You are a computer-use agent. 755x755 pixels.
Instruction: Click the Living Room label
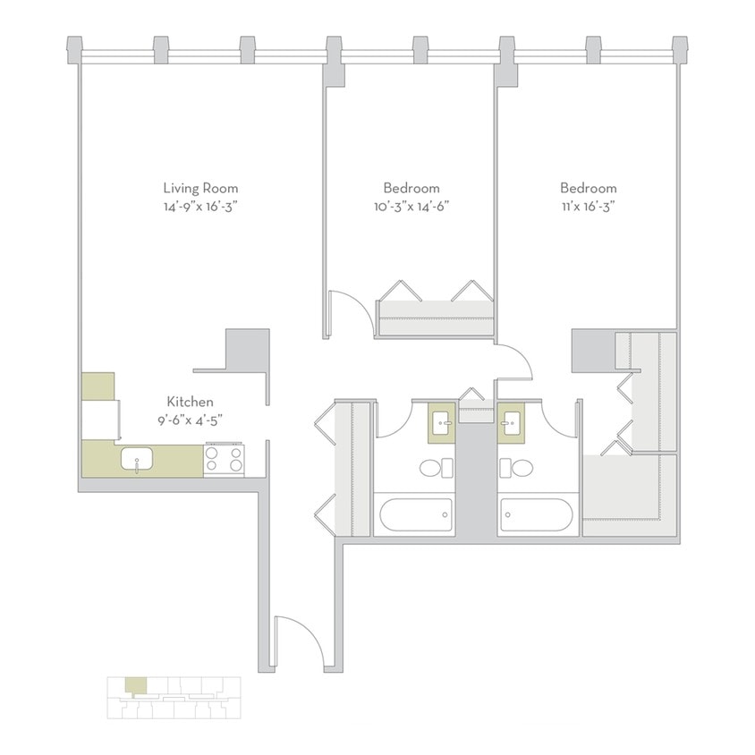click(x=200, y=188)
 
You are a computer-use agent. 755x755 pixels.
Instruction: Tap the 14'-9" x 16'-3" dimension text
click(x=200, y=206)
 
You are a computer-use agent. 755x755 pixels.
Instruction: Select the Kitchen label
click(x=190, y=403)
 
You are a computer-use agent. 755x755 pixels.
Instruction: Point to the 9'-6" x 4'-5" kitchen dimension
click(x=190, y=420)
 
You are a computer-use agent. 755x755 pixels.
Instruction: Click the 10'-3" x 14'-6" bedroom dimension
click(x=411, y=206)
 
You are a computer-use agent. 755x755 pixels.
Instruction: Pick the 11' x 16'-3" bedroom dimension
click(x=588, y=206)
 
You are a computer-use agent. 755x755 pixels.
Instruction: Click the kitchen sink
click(x=137, y=461)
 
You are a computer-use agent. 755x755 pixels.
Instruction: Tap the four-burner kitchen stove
click(x=225, y=460)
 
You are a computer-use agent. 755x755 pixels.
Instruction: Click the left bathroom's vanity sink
click(x=442, y=422)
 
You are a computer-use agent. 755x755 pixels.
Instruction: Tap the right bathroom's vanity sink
click(x=512, y=422)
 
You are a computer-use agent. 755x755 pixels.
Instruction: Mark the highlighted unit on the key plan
click(x=134, y=686)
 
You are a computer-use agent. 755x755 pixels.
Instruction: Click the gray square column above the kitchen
click(x=247, y=349)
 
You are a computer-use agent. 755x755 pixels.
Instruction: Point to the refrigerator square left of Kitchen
click(x=98, y=386)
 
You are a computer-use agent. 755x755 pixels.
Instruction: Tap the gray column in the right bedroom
click(x=591, y=351)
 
